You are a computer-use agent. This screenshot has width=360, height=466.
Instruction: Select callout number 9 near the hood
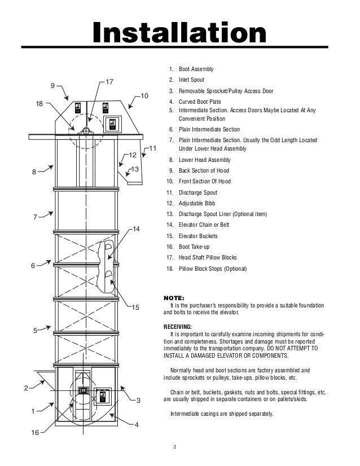point(52,86)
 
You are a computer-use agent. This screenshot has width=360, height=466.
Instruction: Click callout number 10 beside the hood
point(144,96)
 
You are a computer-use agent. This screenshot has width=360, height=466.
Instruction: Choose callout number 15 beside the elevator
point(135,307)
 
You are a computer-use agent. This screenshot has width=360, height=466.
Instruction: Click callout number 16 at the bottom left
point(34,433)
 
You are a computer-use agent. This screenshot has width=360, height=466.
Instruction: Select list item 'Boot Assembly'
point(196,69)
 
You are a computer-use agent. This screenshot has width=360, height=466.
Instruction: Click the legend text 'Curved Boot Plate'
point(202,102)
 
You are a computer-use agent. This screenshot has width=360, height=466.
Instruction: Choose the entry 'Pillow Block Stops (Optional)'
point(213,269)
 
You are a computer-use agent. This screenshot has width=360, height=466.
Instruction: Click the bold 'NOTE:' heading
point(173,298)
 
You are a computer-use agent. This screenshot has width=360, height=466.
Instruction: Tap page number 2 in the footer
point(175,448)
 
